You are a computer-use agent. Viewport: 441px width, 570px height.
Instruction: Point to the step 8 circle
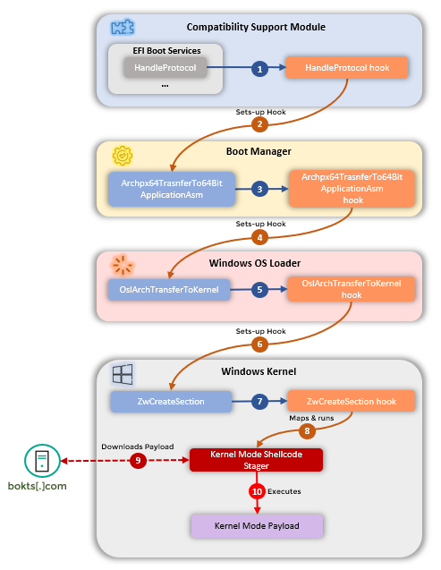[307, 431]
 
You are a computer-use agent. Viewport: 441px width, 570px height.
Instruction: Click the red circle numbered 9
[137, 460]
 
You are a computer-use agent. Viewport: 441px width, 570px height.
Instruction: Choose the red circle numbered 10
[257, 491]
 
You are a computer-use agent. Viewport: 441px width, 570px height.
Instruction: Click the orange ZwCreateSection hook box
[352, 402]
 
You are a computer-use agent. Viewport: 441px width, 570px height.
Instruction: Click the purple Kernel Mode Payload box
[257, 525]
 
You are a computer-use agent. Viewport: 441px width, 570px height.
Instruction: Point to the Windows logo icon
[122, 370]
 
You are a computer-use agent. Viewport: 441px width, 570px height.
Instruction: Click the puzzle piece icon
[118, 27]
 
